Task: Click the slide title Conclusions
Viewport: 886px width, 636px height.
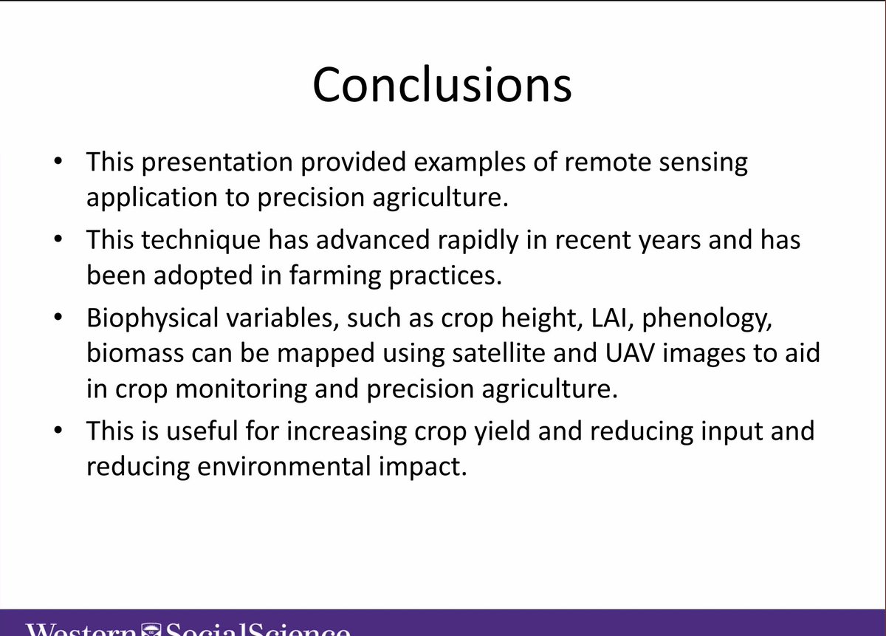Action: [x=442, y=84]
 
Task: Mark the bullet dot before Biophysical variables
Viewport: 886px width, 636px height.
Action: [x=58, y=318]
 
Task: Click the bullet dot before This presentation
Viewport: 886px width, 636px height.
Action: [x=58, y=161]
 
